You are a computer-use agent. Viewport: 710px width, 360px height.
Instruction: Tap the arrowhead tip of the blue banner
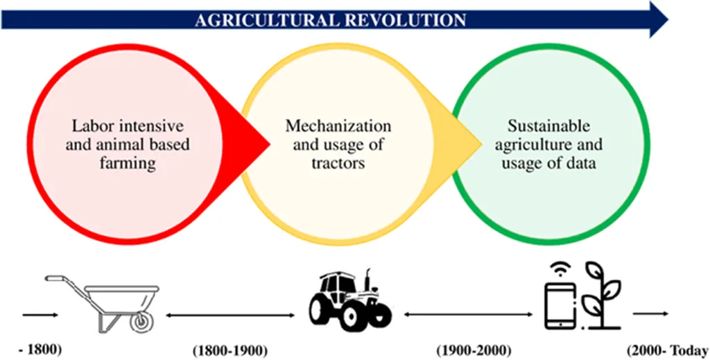coord(668,19)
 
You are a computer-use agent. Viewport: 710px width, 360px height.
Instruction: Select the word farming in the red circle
coord(128,162)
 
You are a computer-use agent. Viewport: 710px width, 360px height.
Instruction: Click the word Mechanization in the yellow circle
coord(338,126)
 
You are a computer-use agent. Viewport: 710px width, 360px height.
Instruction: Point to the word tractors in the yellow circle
coord(338,162)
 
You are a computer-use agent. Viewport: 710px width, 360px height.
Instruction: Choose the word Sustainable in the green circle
coord(549,126)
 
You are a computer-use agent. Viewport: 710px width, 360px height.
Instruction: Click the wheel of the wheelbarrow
coord(141,320)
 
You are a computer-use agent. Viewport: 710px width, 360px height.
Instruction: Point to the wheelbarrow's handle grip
coord(53,278)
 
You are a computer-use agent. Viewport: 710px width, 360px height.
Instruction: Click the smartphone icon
coord(561,305)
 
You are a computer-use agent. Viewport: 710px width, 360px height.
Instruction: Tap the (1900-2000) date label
coord(474,351)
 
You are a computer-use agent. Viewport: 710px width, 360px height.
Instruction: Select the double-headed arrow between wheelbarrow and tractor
coord(230,315)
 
